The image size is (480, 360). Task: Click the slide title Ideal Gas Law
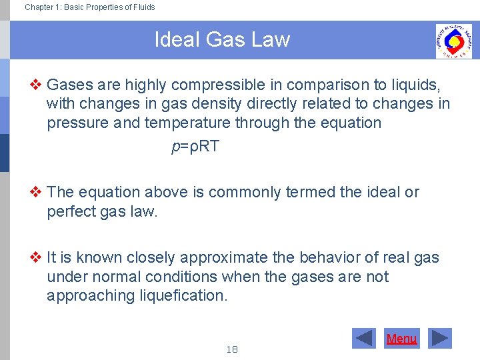(x=222, y=40)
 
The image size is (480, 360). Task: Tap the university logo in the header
(x=453, y=41)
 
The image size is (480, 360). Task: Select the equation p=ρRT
(x=195, y=147)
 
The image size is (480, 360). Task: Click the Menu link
(x=401, y=339)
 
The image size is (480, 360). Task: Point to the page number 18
(x=232, y=349)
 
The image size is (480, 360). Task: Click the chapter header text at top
(x=89, y=7)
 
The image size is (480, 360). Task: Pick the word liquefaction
(x=185, y=295)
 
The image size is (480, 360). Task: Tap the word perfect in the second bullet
(x=73, y=212)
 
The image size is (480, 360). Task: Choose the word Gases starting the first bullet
(x=70, y=85)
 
